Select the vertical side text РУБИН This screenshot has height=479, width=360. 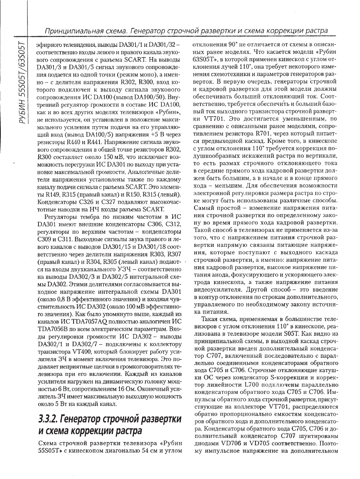click(x=19, y=109)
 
